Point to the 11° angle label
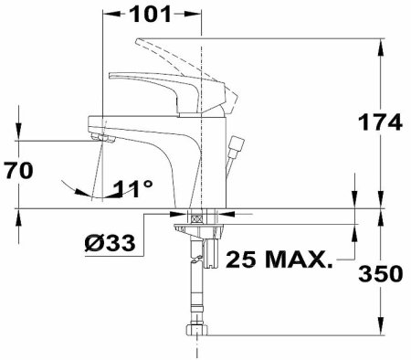[133, 189]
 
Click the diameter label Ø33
[111, 243]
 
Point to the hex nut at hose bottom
[195, 331]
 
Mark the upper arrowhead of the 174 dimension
[379, 44]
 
